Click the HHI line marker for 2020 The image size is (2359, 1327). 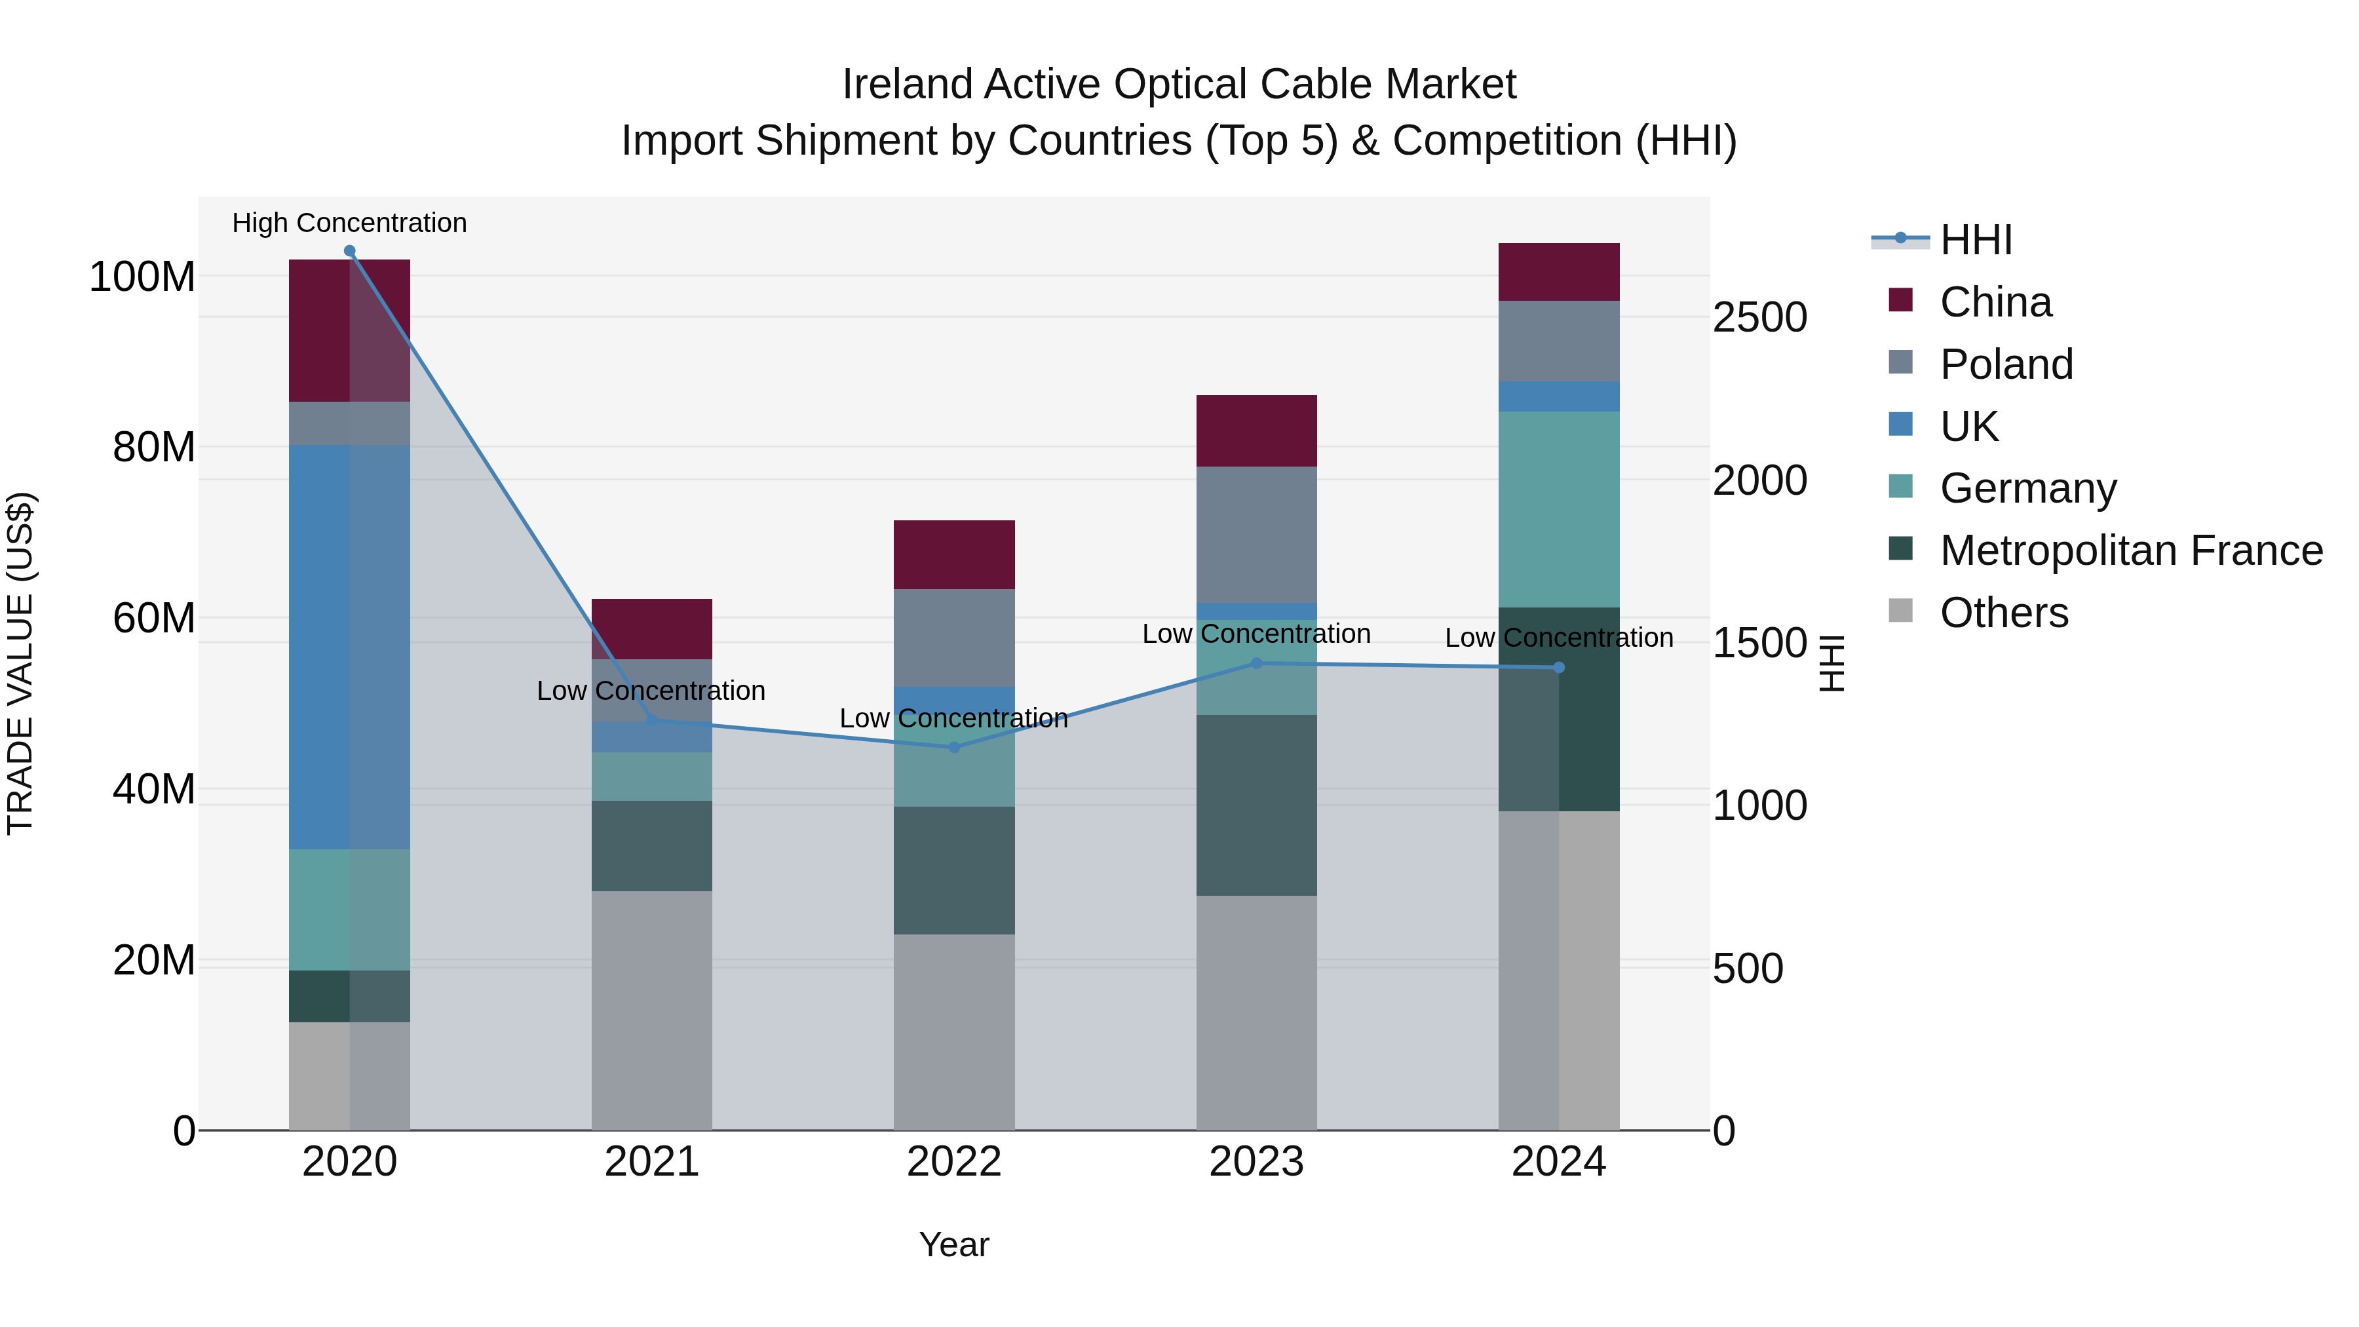pos(349,251)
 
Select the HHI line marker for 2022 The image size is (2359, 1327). pos(954,747)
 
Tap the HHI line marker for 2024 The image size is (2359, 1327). pos(1559,668)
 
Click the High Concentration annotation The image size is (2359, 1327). pos(349,223)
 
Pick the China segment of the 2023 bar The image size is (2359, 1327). pos(1256,431)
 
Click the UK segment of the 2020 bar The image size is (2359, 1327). pos(349,647)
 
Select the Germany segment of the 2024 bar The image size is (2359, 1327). pos(1559,509)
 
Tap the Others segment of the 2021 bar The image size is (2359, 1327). pos(651,1010)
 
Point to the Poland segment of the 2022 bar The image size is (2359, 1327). pos(954,638)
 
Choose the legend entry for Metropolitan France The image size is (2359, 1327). pos(2130,550)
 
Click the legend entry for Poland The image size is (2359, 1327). pos(2006,364)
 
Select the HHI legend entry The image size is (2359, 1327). pos(1975,240)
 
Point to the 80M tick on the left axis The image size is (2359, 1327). pos(153,447)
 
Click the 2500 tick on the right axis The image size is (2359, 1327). pos(1759,318)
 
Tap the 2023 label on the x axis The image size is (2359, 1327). pos(1256,1162)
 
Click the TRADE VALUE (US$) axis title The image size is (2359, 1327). pos(20,663)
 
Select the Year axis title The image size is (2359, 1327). pos(953,1244)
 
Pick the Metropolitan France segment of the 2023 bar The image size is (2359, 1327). pos(1256,805)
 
